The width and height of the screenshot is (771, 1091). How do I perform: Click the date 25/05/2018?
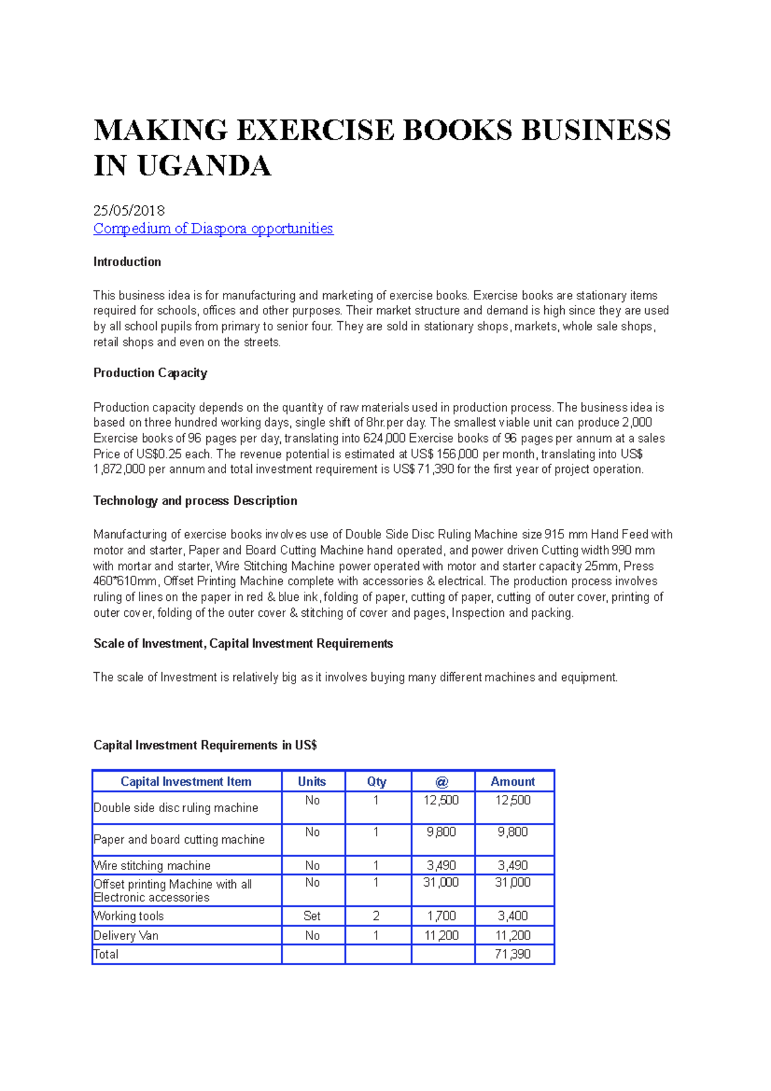129,211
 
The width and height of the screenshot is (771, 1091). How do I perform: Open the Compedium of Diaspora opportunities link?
213,229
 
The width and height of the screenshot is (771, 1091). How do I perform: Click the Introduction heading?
127,262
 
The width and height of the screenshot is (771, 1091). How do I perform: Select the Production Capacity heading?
150,373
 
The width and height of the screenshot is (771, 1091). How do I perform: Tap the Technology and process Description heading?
195,501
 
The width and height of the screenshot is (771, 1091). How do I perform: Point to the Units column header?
312,781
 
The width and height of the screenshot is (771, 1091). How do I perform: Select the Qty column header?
377,781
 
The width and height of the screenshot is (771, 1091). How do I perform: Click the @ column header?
441,781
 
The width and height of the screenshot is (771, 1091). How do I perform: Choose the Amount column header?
513,781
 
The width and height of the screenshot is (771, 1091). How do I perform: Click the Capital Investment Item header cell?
186,781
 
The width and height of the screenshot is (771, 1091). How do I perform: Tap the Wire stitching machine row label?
152,865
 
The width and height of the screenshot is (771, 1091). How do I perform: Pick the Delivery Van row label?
126,936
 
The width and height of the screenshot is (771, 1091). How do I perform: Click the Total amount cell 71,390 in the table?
513,954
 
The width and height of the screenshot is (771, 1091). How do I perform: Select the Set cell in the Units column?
312,916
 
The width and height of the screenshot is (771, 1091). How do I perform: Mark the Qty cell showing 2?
377,916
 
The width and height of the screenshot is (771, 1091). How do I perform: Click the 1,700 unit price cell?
441,916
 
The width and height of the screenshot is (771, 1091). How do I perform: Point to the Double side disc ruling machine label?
176,808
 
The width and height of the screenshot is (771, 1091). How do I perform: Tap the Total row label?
106,954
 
